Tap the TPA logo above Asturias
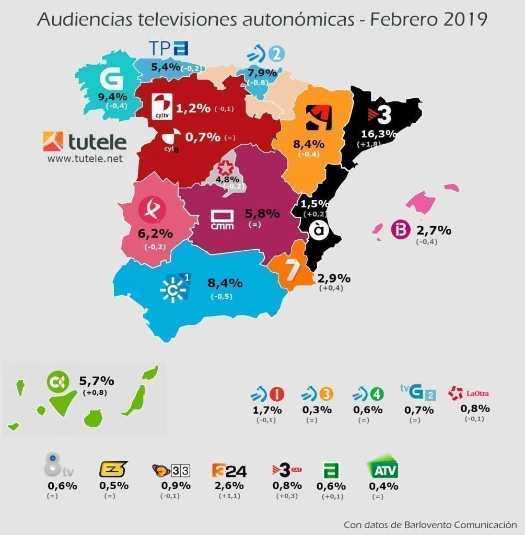click(168, 49)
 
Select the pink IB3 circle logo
click(400, 230)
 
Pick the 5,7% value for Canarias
click(96, 381)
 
